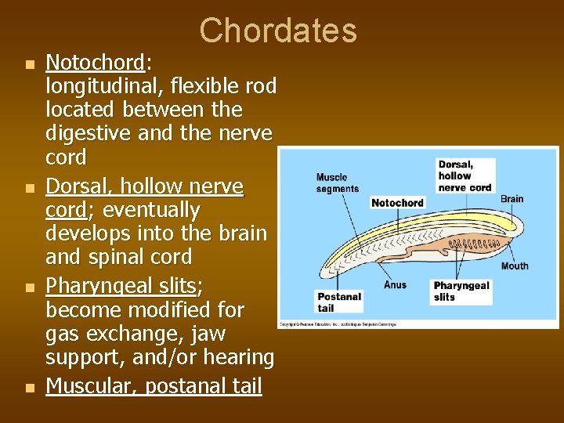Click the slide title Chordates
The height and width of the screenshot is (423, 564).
(278, 31)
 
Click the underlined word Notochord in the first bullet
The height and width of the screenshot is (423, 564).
(95, 62)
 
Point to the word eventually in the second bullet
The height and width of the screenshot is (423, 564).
(151, 211)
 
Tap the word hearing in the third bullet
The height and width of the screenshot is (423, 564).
(239, 357)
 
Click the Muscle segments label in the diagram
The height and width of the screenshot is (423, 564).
(338, 183)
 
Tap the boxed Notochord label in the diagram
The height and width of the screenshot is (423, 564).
(397, 203)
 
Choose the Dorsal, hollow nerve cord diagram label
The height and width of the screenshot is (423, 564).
(465, 175)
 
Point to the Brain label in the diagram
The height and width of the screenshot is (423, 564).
(512, 198)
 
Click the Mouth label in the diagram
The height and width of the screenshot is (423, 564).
(515, 266)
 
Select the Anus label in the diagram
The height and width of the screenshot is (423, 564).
(395, 285)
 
